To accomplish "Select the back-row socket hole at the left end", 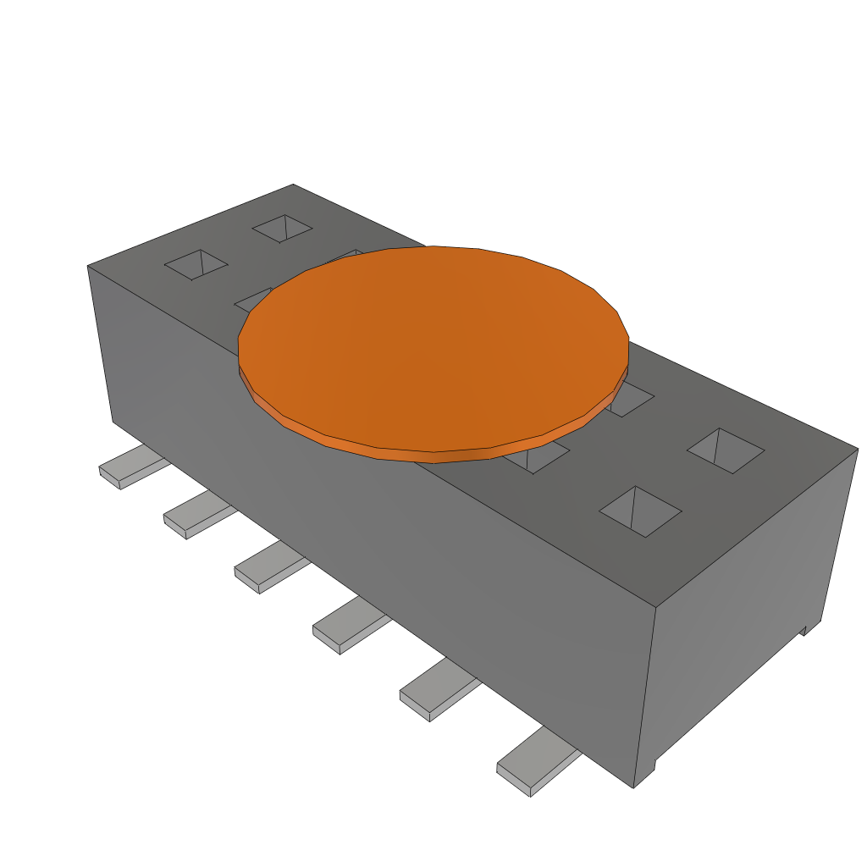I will (x=283, y=228).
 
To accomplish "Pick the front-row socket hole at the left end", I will (x=196, y=264).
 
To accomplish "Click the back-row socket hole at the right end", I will (x=726, y=450).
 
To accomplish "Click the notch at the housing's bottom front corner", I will (x=645, y=774).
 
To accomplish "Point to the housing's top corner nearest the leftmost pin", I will (x=88, y=267).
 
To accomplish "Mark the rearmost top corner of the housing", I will (x=293, y=185).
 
